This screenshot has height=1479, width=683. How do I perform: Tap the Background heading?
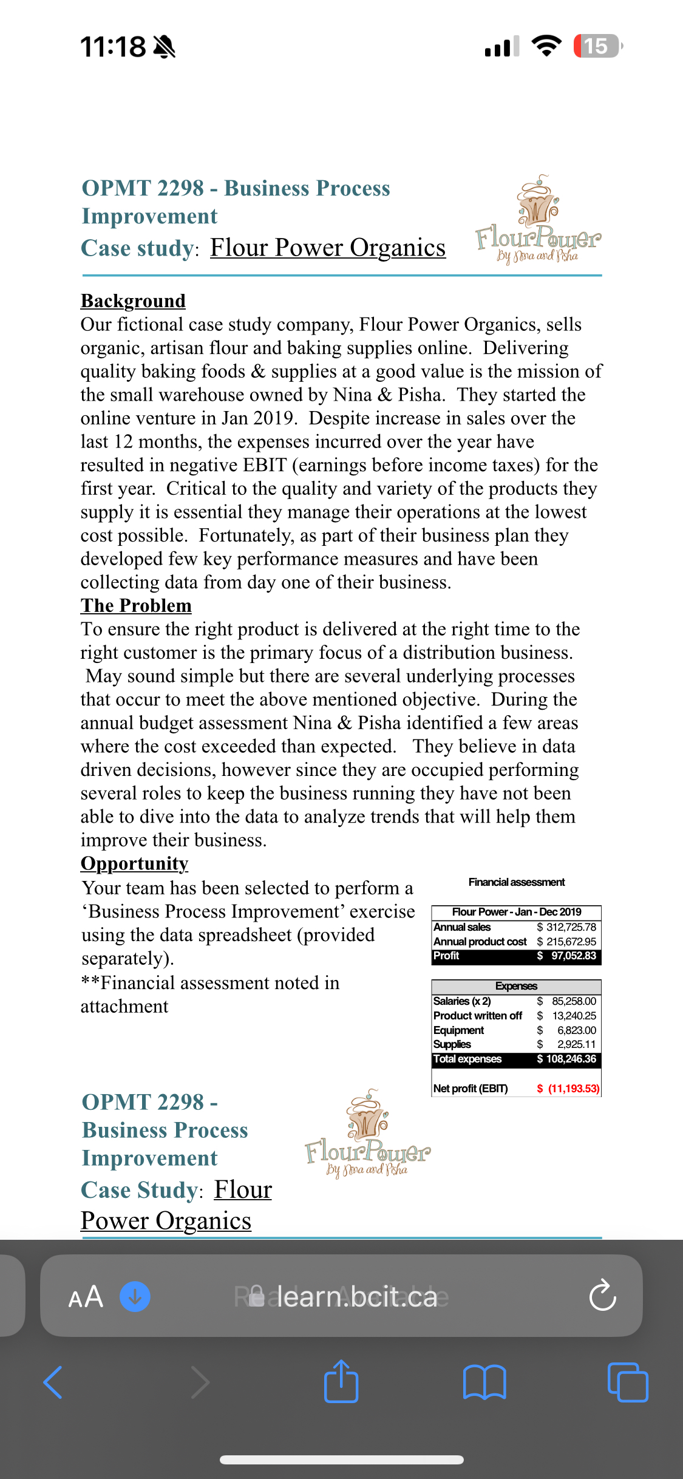[x=133, y=301]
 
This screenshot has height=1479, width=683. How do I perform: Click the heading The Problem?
[x=136, y=606]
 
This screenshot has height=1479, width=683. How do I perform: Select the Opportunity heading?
[x=134, y=863]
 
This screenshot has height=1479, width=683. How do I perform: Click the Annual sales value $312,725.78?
[x=566, y=927]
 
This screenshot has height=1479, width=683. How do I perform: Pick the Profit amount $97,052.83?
[x=567, y=956]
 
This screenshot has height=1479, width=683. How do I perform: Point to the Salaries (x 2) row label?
[x=462, y=1001]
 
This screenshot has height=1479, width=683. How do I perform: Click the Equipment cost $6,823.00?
[x=567, y=1030]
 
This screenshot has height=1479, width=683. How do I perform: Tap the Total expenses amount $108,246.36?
[x=566, y=1059]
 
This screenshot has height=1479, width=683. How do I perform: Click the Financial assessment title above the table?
[x=516, y=882]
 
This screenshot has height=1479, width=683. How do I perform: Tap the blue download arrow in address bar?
[x=135, y=1297]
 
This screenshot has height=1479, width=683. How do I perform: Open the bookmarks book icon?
[x=484, y=1382]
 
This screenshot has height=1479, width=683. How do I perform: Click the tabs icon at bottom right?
[x=628, y=1382]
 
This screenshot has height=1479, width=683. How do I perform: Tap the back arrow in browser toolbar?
[x=53, y=1382]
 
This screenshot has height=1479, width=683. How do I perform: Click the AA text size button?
[x=86, y=1297]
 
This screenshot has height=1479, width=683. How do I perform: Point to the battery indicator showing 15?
[x=597, y=46]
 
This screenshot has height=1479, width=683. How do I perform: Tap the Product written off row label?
[x=478, y=1016]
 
